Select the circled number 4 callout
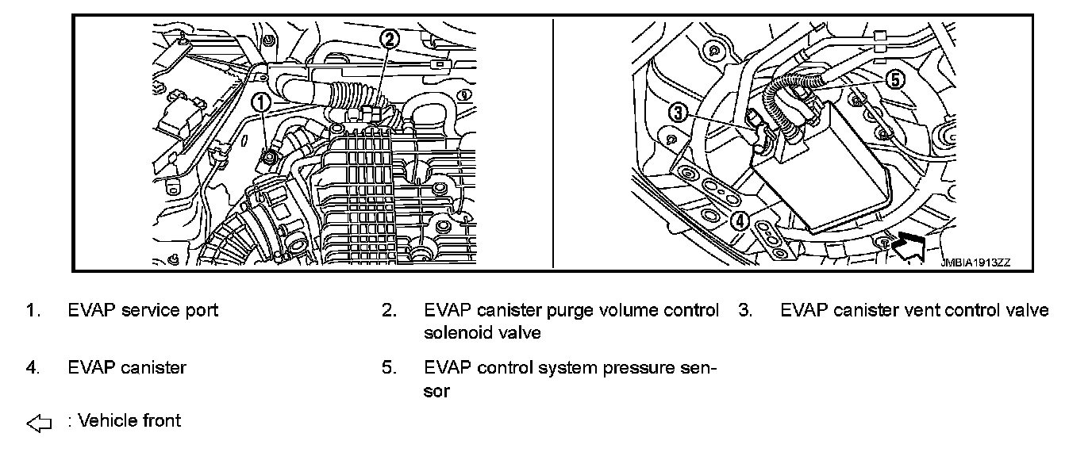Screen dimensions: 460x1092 [x=738, y=220]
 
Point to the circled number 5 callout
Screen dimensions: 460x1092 [x=894, y=79]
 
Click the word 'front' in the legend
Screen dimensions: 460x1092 [x=162, y=420]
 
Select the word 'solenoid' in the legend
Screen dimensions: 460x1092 [x=458, y=333]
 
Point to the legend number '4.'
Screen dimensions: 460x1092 [x=32, y=368]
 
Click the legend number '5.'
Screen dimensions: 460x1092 [x=388, y=368]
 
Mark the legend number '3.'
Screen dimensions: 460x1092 [x=744, y=310]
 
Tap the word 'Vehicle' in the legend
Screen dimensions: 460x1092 [x=107, y=420]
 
